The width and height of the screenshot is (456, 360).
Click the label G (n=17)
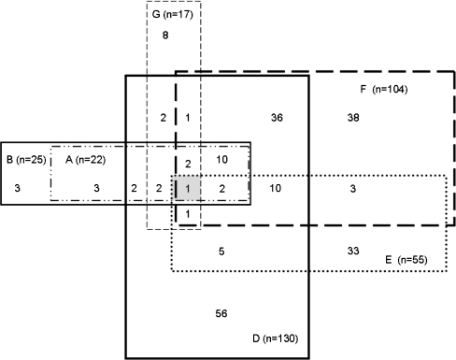coord(172,14)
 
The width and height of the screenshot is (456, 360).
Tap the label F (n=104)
coord(384,90)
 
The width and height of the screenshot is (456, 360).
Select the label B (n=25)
coord(26,160)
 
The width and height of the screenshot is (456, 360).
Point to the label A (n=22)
coord(85,160)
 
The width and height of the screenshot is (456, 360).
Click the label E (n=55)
coord(406,260)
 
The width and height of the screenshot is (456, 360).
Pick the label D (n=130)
coord(275,338)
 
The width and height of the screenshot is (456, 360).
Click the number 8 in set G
coord(165,36)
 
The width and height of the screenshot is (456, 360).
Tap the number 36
coord(277,118)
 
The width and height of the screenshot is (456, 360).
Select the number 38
coord(353,118)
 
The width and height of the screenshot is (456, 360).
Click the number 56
coord(221,313)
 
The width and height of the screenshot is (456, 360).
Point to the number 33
coord(353,251)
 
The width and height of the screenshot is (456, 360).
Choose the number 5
coord(221,252)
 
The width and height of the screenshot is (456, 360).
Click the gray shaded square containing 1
coord(188,188)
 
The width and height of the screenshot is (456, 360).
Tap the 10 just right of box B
coord(276,188)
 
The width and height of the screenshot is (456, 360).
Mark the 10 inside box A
coord(222,160)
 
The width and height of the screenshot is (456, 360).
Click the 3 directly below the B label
coord(18,188)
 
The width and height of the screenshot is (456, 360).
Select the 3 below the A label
coord(96,188)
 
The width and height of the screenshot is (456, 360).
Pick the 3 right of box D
coord(352,188)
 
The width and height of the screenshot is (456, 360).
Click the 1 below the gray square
coord(188,214)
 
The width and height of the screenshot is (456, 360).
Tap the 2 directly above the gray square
coord(188,164)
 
